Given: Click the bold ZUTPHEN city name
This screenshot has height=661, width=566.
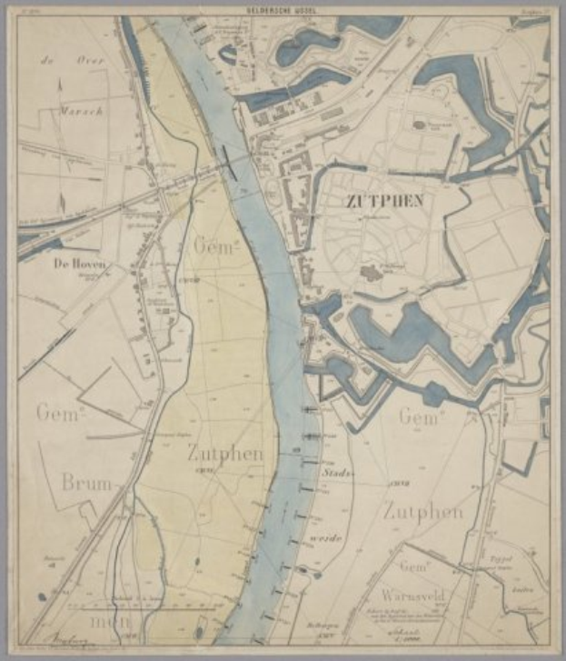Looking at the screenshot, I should coord(382,200).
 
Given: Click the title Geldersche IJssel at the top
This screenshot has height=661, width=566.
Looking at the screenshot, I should coord(283,8).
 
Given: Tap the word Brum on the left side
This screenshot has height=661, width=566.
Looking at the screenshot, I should coord(89,483).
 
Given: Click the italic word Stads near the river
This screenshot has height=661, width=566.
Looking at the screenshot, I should coord(337,473).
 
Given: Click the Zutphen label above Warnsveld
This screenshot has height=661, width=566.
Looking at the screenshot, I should coord(422,511).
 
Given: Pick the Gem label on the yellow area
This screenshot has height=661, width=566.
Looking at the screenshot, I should coord(214,245).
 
